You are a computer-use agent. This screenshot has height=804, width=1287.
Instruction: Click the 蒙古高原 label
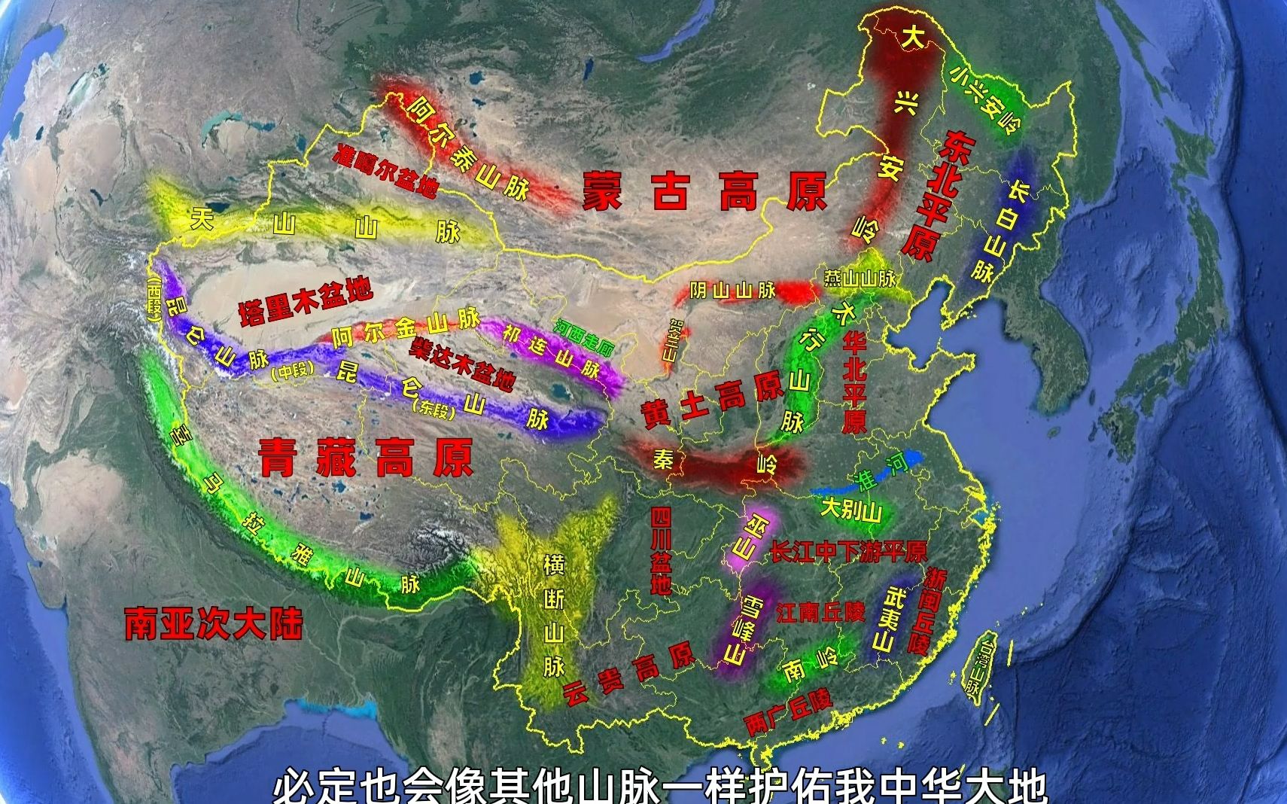coord(704,191)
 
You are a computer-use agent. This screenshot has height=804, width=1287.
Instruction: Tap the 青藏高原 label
coord(366,457)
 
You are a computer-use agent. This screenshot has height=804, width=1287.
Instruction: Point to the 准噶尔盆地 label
coord(385,170)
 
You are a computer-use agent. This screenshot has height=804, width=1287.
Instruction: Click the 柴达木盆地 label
coord(463,364)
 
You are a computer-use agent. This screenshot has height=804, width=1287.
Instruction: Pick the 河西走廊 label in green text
coord(584,338)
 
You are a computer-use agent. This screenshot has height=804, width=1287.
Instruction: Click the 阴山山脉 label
coord(733,290)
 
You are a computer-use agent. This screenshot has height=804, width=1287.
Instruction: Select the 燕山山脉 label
coord(860,279)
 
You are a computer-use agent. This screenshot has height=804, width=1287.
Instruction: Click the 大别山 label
coord(850,510)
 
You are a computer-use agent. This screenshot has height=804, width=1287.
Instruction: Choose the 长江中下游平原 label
coord(848,552)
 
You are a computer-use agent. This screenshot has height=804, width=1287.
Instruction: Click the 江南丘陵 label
coord(820,612)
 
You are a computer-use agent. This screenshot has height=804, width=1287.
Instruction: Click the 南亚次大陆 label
coord(214,623)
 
